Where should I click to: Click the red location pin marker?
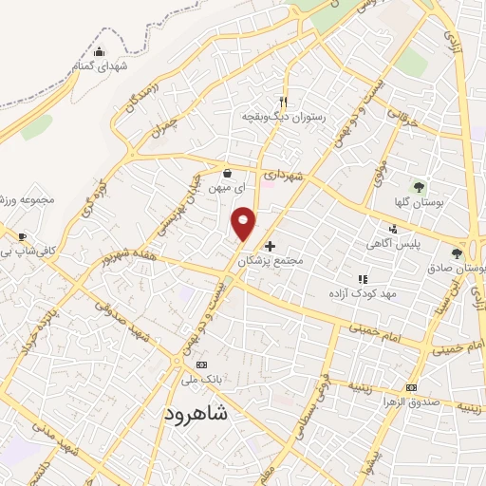(x=244, y=223)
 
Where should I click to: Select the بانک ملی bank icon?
(x=200, y=364)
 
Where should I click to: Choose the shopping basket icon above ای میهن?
(x=228, y=174)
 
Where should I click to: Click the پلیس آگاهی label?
(x=389, y=244)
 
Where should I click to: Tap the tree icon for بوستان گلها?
(x=419, y=186)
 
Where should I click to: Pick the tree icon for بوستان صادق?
(x=457, y=252)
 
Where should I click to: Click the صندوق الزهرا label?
(x=411, y=402)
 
